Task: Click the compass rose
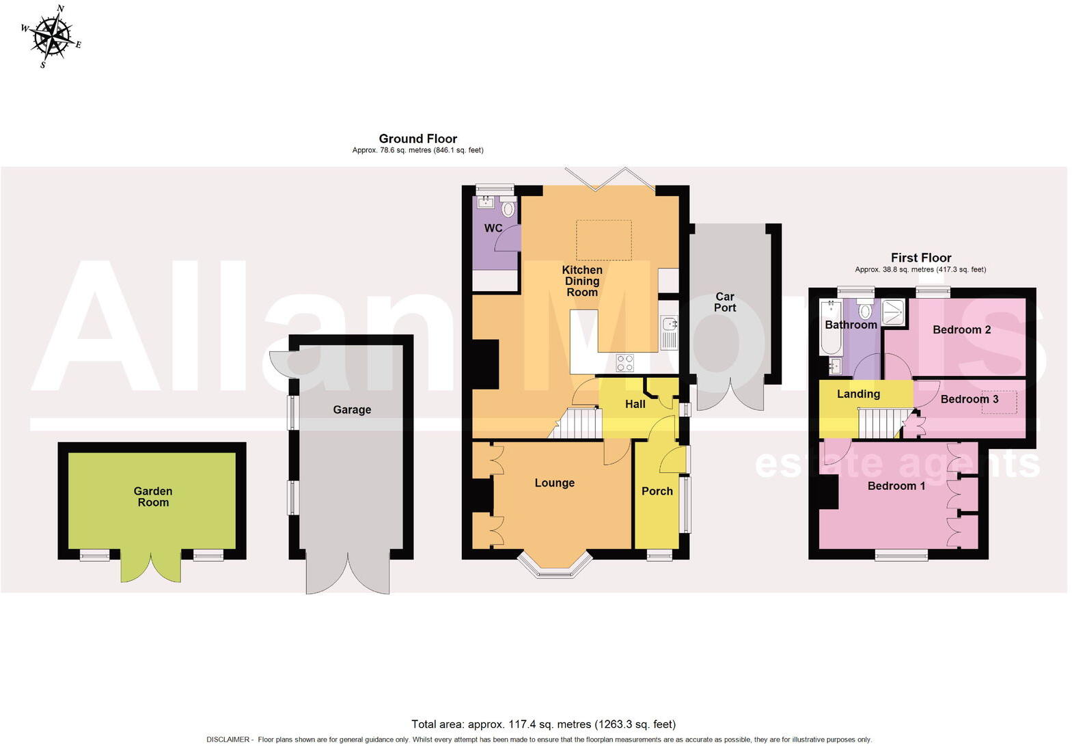point(52,36)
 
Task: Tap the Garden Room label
point(153,497)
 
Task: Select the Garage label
point(352,410)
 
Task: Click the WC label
point(493,228)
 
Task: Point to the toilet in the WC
point(508,208)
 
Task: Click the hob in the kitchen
point(624,362)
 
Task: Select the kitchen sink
point(669,331)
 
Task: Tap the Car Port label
point(725,302)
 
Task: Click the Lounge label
point(554,483)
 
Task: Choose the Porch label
point(657,491)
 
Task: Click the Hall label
point(635,405)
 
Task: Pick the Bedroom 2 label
point(961,330)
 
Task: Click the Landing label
point(858,394)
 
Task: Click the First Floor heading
point(920,258)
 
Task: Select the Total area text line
point(543,724)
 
